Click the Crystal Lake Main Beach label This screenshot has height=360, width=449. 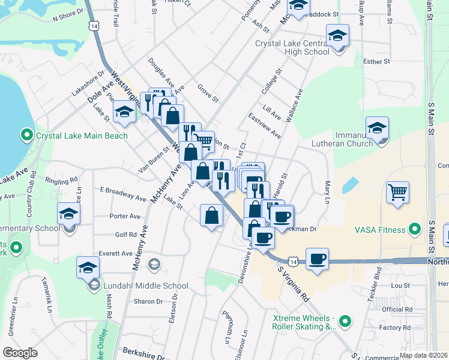[x=82, y=136]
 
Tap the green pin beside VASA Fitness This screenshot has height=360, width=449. [x=414, y=229]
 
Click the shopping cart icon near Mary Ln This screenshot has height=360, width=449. [x=397, y=193]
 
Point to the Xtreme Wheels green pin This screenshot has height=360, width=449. [x=345, y=322]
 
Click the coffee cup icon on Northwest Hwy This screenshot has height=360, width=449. [x=317, y=259]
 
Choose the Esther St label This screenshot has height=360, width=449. [x=377, y=61]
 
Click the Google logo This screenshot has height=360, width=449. [x=20, y=353]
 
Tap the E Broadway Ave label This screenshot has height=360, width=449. [x=123, y=194]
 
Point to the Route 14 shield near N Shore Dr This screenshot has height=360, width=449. [x=93, y=26]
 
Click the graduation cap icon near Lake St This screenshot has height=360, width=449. [x=125, y=112]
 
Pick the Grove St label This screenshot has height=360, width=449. [x=207, y=94]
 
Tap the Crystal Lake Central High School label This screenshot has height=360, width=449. [x=292, y=47]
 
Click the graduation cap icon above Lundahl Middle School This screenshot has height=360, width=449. [x=88, y=266]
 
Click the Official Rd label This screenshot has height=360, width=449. [x=397, y=309]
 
